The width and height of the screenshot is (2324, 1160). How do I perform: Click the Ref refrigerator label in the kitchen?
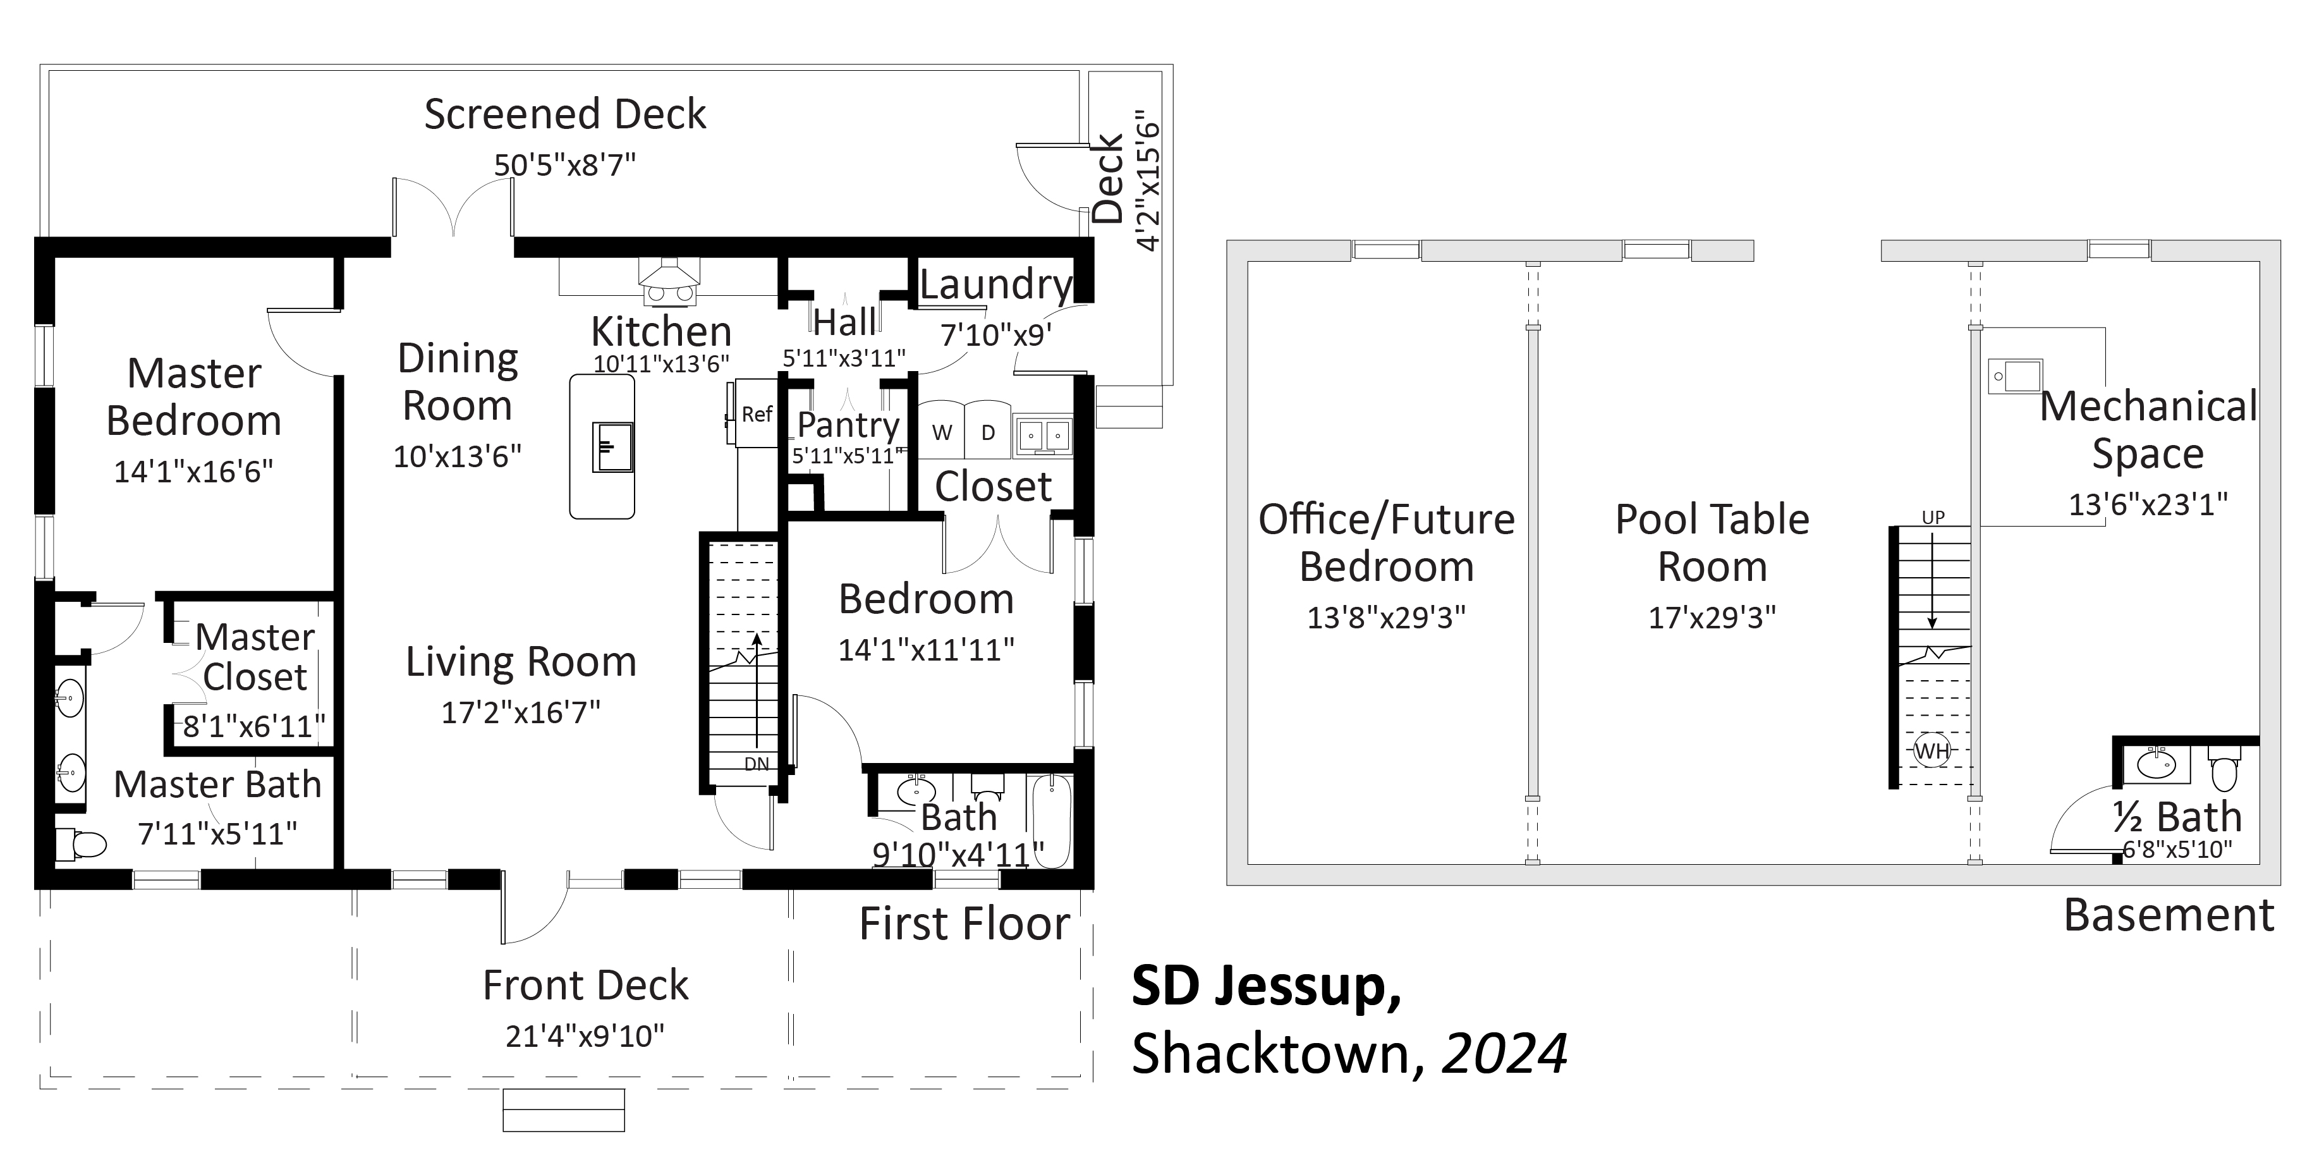point(757,414)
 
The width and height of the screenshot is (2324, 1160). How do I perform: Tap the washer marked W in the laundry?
point(941,431)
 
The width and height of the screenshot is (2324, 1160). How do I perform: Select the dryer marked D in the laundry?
point(988,431)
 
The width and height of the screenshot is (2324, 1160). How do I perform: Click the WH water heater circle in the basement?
point(1932,750)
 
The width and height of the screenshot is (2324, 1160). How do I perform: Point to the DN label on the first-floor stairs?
point(757,764)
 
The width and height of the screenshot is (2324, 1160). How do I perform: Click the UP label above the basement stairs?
point(1933,518)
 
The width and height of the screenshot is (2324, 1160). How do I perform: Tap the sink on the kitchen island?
point(612,446)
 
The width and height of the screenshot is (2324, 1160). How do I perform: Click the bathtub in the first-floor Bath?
point(1051,821)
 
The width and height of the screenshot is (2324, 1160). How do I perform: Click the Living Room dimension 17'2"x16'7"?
point(521,712)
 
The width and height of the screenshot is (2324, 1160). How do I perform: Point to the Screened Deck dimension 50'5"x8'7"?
point(565,165)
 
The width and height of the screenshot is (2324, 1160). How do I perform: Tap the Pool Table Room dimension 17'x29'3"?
point(1712,617)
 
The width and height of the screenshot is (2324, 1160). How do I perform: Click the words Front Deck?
point(585,985)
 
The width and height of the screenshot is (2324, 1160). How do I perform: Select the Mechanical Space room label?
point(2148,429)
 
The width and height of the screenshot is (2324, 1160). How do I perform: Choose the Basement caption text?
point(2169,915)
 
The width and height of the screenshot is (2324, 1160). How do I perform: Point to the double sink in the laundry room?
point(1042,435)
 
